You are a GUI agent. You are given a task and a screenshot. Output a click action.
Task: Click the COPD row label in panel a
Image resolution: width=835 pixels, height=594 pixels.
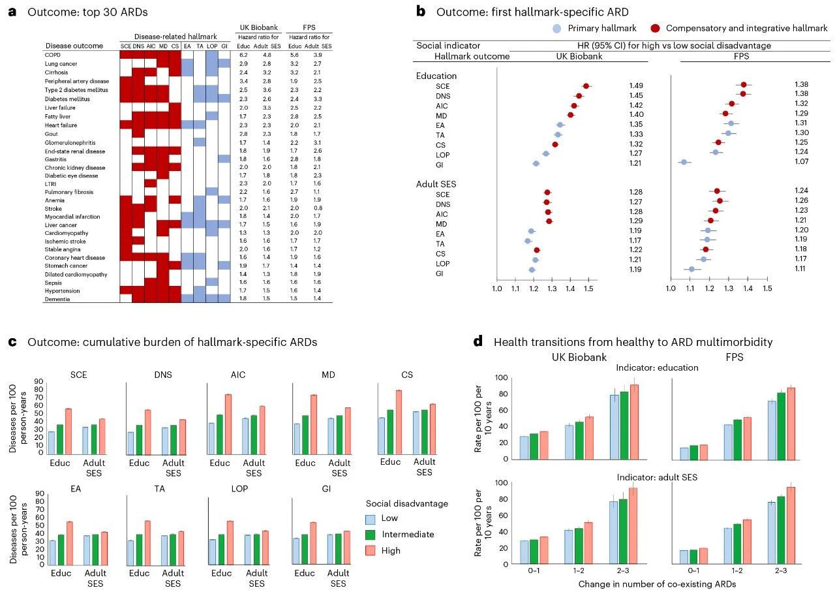(53, 55)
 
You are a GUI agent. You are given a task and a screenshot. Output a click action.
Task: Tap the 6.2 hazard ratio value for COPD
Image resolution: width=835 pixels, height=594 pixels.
(244, 55)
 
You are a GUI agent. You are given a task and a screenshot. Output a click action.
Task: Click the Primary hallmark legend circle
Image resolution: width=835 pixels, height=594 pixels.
(556, 28)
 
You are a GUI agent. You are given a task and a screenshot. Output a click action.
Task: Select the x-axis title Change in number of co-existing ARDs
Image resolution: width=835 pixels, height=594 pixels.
(657, 584)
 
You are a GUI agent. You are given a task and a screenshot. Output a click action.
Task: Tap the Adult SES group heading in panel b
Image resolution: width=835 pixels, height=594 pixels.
(436, 184)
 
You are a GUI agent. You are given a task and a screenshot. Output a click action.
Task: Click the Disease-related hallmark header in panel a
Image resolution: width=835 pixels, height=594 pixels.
(174, 37)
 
